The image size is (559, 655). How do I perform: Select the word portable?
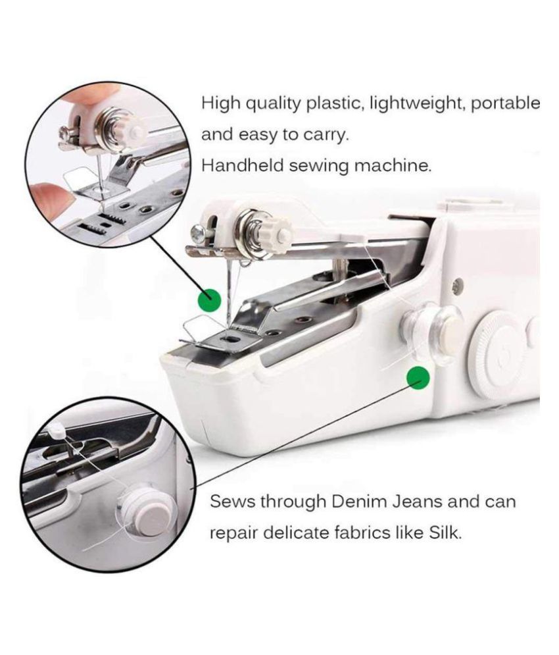[506, 104]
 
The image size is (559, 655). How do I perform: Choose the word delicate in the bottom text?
[288, 533]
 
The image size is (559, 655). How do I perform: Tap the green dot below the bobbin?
[418, 378]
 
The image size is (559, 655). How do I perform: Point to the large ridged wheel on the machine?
[498, 354]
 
